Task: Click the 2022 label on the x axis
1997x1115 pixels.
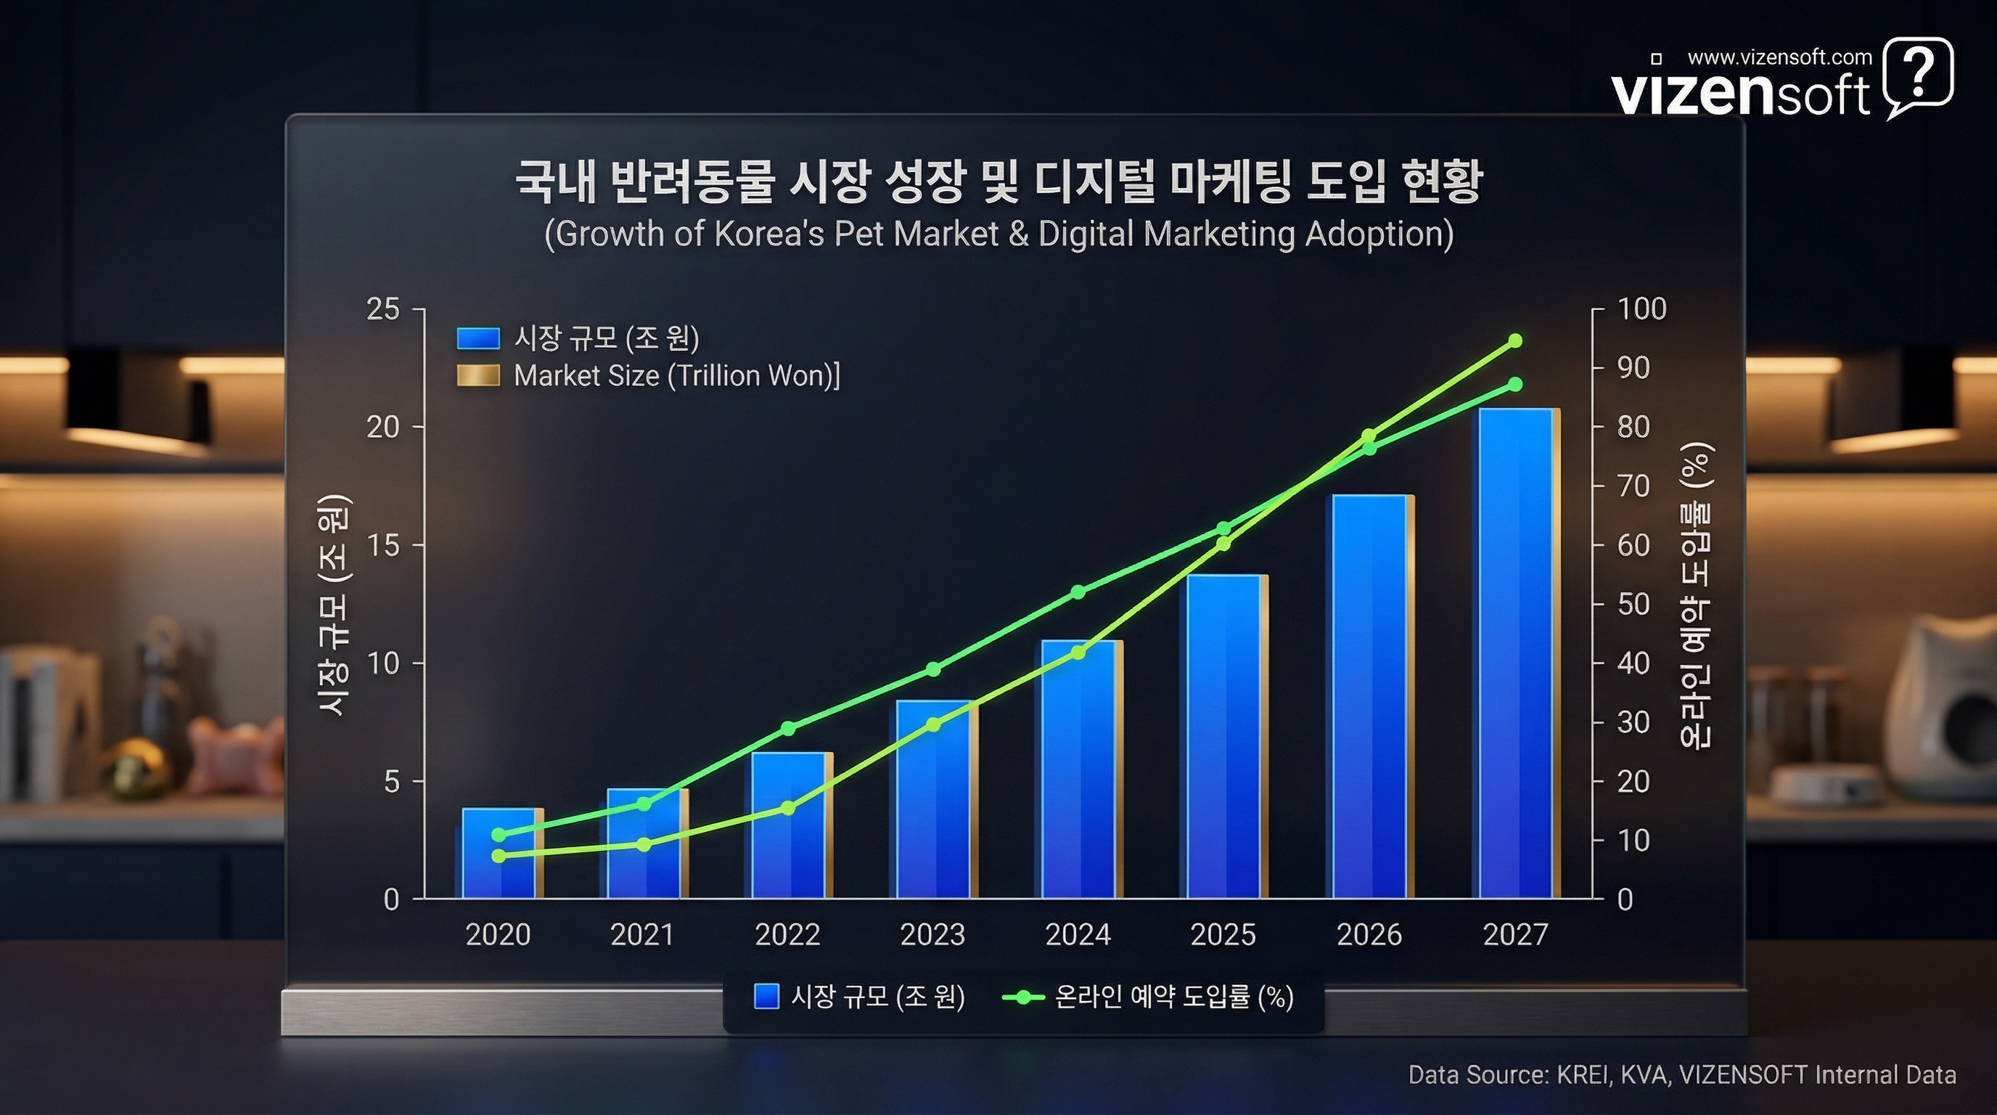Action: pyautogui.click(x=787, y=934)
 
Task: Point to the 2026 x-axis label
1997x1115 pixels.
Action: pyautogui.click(x=1369, y=934)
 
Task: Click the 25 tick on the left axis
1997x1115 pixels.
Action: pyautogui.click(x=383, y=309)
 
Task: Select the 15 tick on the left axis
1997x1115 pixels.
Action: pyautogui.click(x=383, y=546)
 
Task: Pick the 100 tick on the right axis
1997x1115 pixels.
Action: pyautogui.click(x=1641, y=309)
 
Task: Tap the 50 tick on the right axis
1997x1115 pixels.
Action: pyautogui.click(x=1633, y=604)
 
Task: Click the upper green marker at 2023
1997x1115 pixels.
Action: pyautogui.click(x=933, y=669)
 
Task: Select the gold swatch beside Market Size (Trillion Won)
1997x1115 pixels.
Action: pyautogui.click(x=477, y=376)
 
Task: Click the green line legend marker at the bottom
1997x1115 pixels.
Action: pyautogui.click(x=1024, y=997)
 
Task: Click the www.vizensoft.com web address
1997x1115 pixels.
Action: pyautogui.click(x=1779, y=57)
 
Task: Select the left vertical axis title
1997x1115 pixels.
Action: pyautogui.click(x=334, y=605)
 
